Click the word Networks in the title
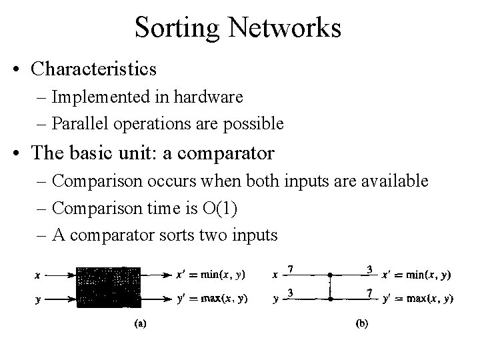pos(289,28)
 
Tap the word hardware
pos(210,97)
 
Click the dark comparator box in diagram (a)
pos(108,287)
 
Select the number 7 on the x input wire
pos(292,269)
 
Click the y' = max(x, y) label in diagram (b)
pos(418,299)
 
